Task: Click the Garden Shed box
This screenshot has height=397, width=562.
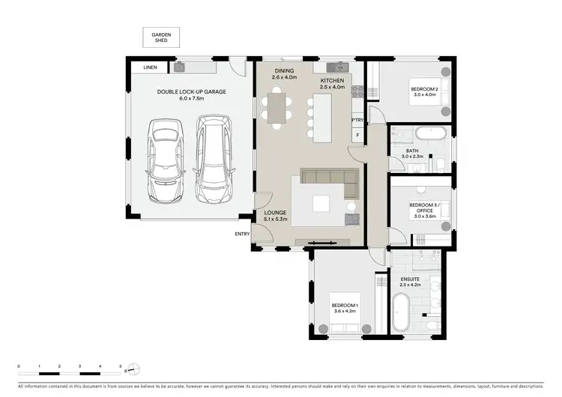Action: [x=161, y=37]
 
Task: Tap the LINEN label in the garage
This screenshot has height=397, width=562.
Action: [x=151, y=67]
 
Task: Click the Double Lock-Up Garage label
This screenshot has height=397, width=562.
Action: [x=191, y=95]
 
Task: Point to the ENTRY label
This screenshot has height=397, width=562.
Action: [x=242, y=234]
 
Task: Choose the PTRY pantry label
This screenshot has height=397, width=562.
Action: [x=358, y=120]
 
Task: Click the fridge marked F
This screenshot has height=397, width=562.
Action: [x=358, y=135]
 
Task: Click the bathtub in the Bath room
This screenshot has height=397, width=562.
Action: [x=431, y=134]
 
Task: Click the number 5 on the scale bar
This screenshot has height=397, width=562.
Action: [x=121, y=366]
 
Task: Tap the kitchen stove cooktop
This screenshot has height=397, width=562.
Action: [x=358, y=92]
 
